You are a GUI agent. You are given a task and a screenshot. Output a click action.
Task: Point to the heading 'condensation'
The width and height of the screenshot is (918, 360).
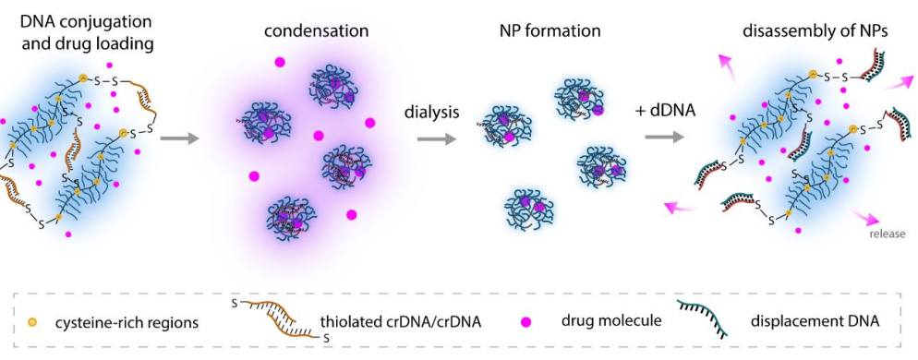316,31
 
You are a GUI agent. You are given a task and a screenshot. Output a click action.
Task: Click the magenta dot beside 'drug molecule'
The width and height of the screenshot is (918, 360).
527,321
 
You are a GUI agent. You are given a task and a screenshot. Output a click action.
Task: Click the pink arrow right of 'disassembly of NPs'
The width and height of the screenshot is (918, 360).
897,81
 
